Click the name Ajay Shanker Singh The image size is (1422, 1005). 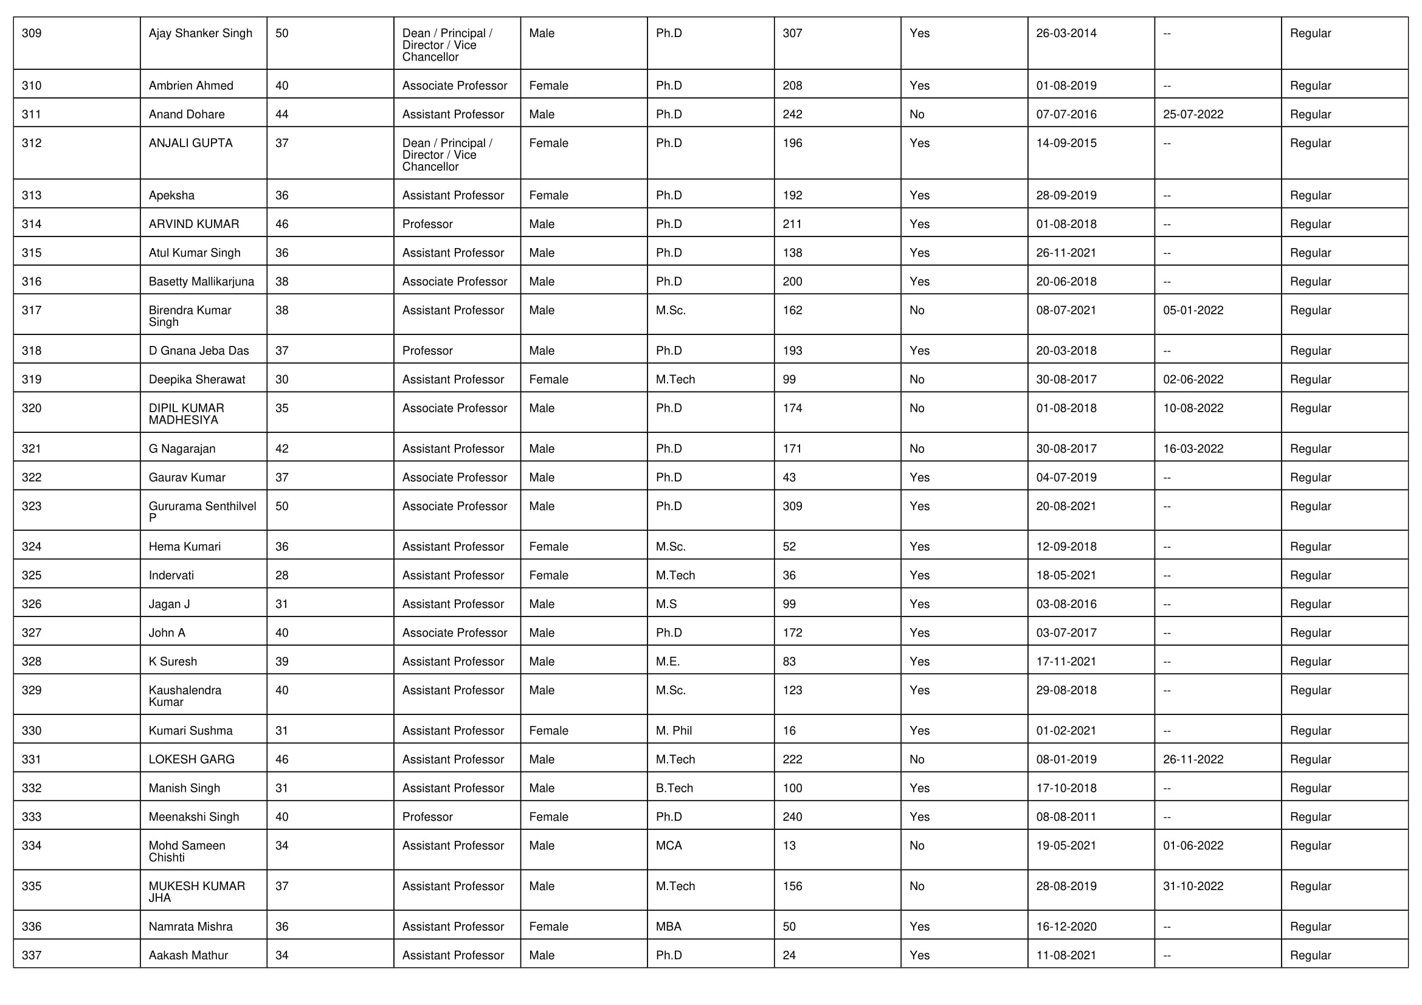200,33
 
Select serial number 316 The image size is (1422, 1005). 32,281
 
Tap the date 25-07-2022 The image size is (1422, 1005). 1193,114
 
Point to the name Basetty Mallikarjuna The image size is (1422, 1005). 201,281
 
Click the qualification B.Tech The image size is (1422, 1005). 674,789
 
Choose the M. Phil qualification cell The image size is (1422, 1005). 673,731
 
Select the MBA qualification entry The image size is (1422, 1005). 668,927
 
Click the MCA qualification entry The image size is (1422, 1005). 668,846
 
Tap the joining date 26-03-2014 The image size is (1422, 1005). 1066,33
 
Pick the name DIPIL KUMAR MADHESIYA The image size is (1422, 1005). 187,414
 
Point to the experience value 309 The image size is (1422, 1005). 792,506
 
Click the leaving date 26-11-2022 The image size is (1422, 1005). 1193,760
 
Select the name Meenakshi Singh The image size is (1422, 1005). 193,817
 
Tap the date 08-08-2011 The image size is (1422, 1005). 1066,817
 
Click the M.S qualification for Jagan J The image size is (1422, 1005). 666,604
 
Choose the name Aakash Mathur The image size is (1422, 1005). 188,956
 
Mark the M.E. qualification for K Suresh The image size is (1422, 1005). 668,662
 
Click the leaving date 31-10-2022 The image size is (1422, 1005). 1193,886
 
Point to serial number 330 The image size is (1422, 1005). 32,731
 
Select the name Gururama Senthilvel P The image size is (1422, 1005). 202,512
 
